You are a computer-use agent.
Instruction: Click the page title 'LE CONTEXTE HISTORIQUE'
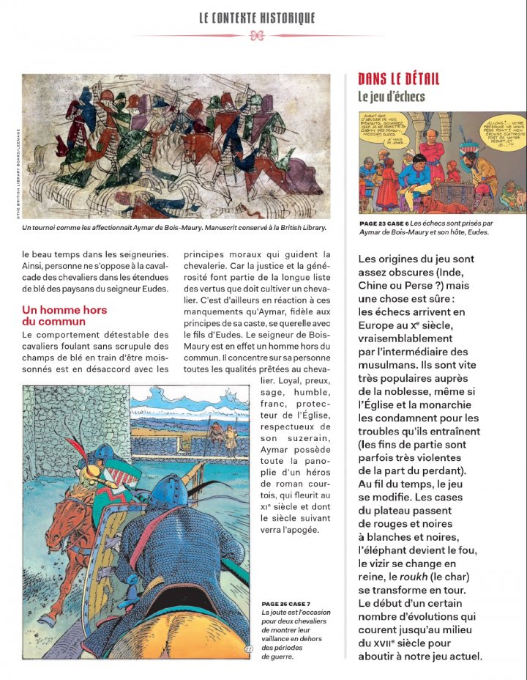[257, 18]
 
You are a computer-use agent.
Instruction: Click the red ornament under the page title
[257, 36]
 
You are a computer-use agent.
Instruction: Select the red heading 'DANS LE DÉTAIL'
[398, 79]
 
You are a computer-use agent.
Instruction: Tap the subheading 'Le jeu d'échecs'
[391, 96]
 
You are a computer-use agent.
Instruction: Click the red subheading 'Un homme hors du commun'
[64, 316]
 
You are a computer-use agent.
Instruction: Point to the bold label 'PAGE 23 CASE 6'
[384, 223]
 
